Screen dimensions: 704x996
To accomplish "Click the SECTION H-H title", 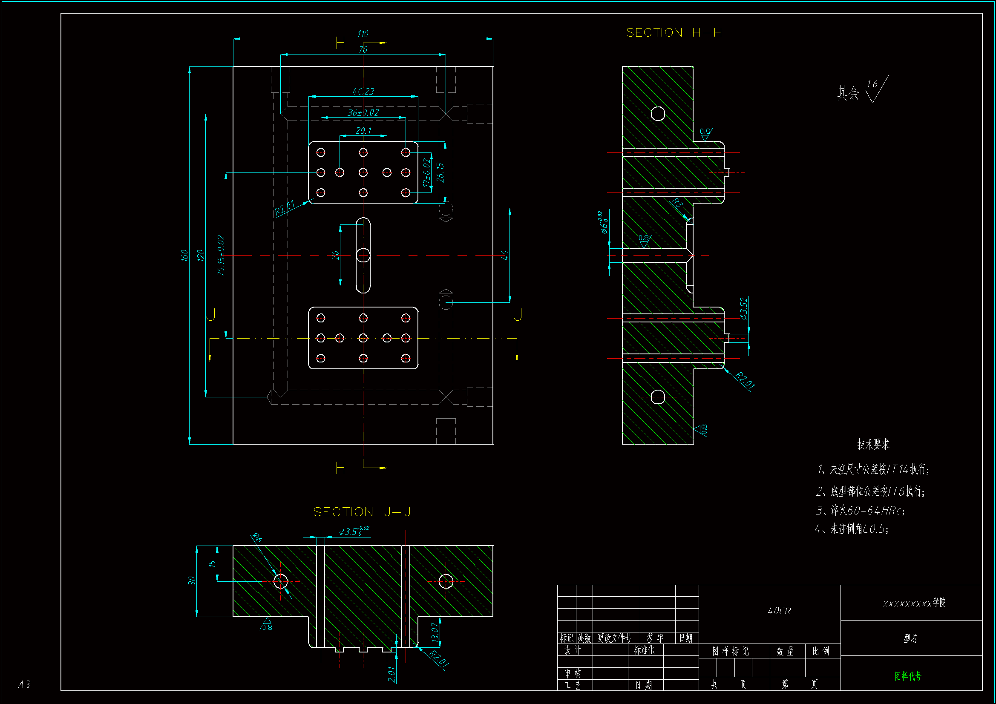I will click(674, 33).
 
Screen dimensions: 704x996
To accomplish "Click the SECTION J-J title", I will click(362, 512).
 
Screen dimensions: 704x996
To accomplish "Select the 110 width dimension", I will click(363, 34).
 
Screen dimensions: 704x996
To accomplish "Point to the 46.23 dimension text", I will click(363, 92).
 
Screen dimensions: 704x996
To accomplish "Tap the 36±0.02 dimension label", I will click(363, 113).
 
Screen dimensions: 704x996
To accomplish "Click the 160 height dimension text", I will click(184, 256).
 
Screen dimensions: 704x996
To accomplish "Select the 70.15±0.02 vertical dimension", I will click(221, 256).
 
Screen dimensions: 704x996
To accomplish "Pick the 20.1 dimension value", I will click(363, 131).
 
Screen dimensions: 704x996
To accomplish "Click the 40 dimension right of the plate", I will click(504, 255).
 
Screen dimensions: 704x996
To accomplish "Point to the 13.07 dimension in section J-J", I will click(435, 632).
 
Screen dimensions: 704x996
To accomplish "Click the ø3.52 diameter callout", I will click(743, 308).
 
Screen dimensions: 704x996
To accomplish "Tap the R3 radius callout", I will click(677, 203).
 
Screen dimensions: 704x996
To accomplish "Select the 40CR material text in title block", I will click(779, 611).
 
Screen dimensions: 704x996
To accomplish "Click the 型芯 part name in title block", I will click(910, 638).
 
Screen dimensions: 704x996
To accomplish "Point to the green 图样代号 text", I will click(908, 676).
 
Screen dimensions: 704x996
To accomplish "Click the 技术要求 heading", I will click(873, 444).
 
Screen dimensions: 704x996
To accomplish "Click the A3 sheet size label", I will click(24, 684).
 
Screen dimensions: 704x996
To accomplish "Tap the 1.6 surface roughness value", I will click(872, 84).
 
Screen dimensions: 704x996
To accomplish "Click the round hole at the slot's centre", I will click(363, 255).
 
